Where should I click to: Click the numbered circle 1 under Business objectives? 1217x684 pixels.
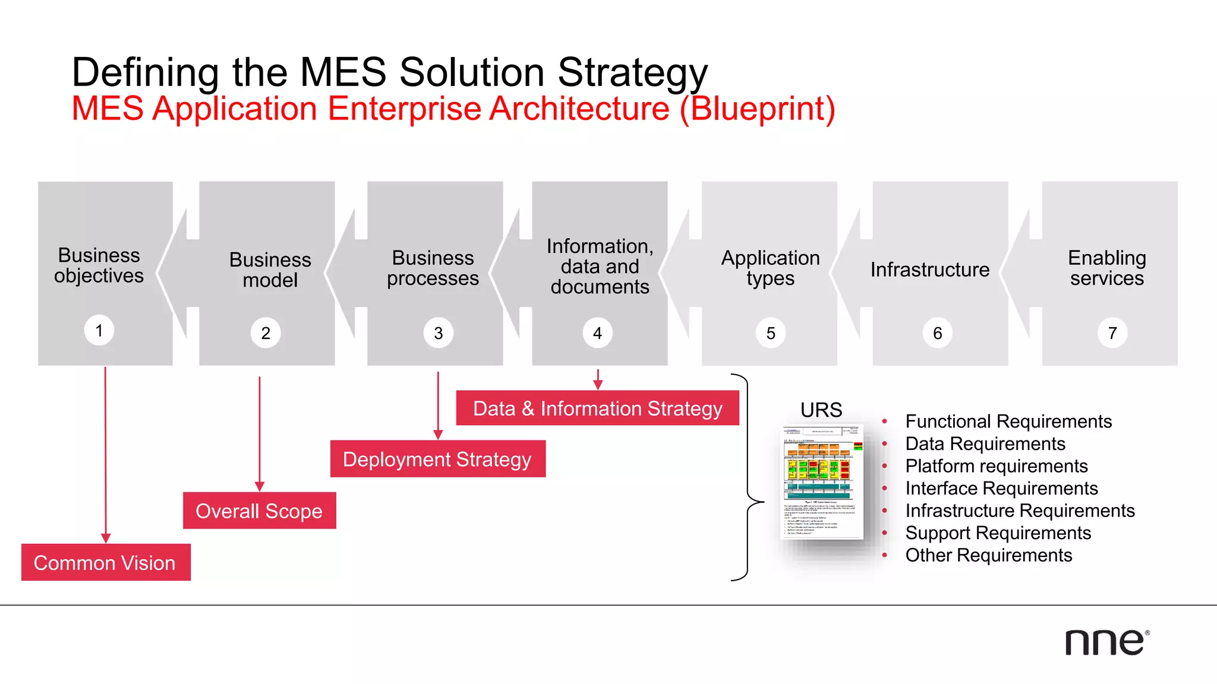99,330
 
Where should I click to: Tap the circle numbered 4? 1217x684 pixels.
597,333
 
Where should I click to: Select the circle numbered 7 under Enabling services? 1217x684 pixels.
1112,333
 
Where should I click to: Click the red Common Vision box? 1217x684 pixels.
106,562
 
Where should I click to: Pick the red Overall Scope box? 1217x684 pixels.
259,511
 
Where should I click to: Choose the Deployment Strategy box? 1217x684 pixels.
437,459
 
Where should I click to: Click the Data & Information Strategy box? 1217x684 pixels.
597,408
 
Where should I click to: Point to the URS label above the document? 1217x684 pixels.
821,410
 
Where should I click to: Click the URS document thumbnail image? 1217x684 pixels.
822,482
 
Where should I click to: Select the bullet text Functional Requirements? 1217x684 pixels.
1008,422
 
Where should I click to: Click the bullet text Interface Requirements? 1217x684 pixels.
1001,488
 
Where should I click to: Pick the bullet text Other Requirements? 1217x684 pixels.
989,555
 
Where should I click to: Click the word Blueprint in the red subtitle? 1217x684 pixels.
757,109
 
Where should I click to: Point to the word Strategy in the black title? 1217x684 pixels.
632,72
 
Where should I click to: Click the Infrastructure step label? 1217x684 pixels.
930,270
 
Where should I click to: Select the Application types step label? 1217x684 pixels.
770,268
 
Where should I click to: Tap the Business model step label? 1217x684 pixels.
270,270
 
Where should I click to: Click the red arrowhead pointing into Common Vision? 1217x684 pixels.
106,538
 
